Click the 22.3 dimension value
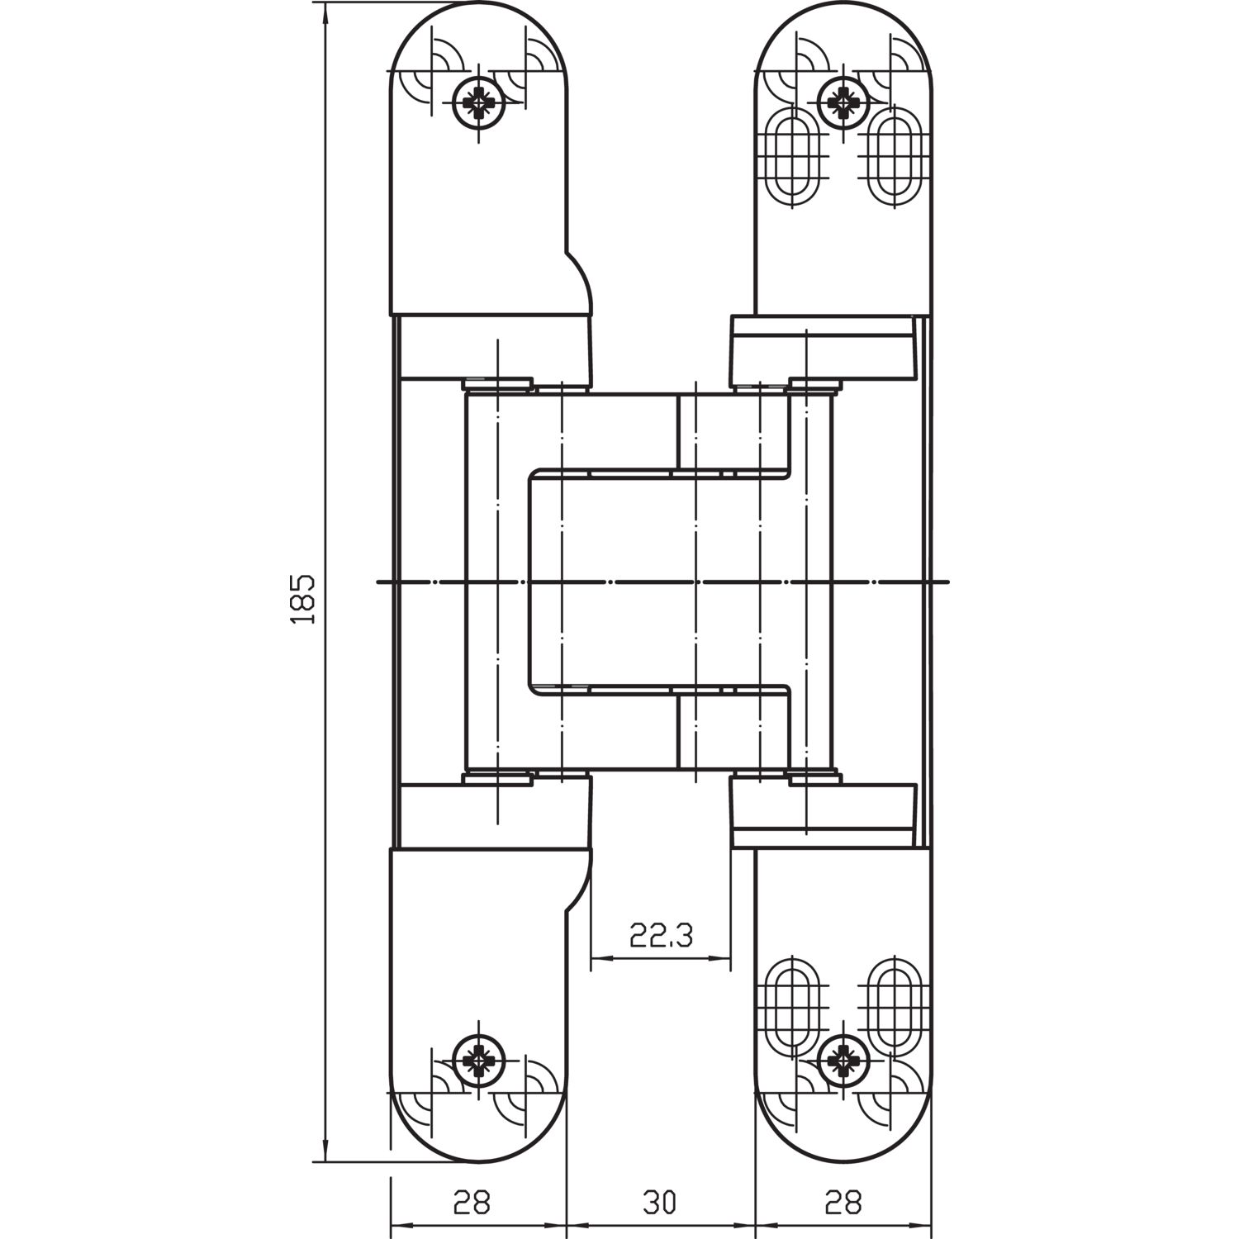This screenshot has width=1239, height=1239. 661,936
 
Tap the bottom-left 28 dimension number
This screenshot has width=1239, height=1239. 472,1202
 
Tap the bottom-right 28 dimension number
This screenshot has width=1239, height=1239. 843,1202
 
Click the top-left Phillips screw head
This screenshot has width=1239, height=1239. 478,103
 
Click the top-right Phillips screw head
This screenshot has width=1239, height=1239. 842,103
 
